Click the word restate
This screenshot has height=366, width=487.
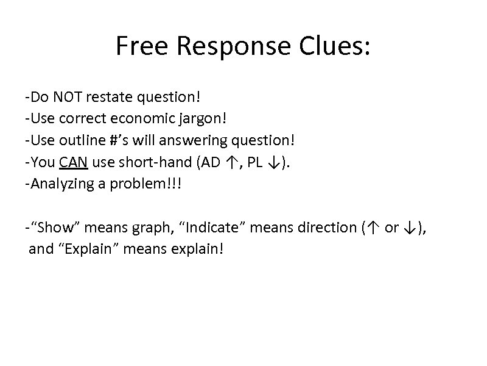pos(108,97)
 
